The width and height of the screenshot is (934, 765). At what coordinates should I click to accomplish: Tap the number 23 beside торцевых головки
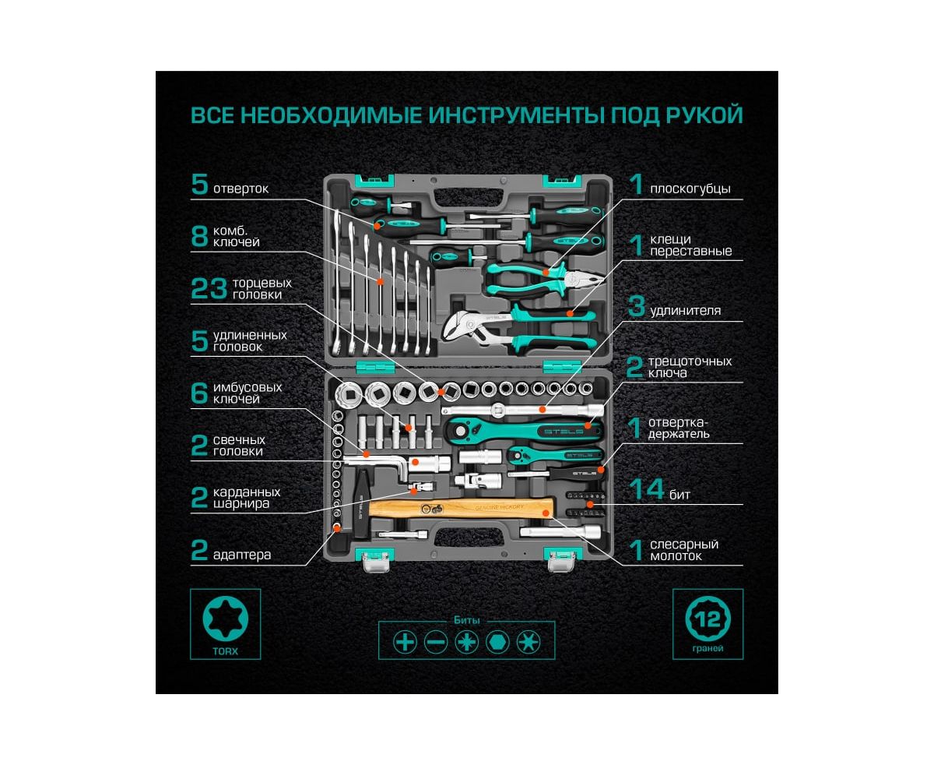tap(209, 289)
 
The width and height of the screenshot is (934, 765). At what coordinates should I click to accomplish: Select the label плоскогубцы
tap(690, 189)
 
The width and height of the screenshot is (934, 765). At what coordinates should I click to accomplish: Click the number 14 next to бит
tap(647, 489)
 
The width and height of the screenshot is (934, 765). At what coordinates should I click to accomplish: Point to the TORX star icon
tap(226, 619)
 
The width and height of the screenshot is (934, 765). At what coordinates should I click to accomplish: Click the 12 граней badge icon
tap(708, 619)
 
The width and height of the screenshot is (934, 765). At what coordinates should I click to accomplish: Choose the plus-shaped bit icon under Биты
tap(405, 642)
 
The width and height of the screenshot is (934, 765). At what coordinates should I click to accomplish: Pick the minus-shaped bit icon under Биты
tap(436, 642)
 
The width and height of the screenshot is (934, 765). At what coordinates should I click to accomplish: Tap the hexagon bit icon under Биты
tap(497, 642)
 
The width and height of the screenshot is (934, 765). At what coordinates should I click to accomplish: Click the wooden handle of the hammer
tap(461, 509)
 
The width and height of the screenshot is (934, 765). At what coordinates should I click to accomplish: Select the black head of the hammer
tap(362, 503)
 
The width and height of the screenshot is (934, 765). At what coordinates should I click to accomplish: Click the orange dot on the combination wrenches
tap(380, 281)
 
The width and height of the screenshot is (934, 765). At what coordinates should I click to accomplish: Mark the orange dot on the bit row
tap(590, 504)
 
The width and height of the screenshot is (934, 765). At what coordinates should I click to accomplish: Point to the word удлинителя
tap(685, 311)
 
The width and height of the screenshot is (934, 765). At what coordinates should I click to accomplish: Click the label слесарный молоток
tap(684, 550)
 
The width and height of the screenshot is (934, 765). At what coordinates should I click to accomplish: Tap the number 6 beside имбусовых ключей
tap(198, 393)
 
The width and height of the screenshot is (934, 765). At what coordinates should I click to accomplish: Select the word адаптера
tap(242, 555)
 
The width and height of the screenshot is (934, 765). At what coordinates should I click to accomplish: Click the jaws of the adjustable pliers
tap(460, 327)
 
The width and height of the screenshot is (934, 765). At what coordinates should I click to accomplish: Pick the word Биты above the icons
tap(467, 620)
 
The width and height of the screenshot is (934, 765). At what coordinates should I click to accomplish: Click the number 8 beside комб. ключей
tap(199, 236)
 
